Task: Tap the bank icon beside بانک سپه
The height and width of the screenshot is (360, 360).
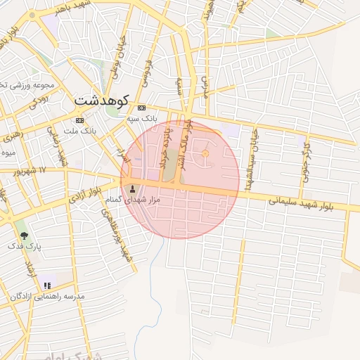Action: [x=142, y=108]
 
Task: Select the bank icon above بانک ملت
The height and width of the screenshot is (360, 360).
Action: [x=79, y=120]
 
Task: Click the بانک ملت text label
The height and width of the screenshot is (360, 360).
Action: [x=79, y=131]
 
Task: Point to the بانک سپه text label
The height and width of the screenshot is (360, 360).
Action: [x=142, y=120]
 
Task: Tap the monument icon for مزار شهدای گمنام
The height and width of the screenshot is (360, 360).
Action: [x=133, y=188]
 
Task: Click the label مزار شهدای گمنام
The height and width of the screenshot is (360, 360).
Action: [x=133, y=200]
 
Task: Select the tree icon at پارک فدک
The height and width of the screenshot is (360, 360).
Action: [x=25, y=236]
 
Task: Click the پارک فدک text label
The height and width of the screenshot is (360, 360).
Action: [x=25, y=247]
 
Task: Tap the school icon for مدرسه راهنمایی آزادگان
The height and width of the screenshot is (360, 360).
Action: [x=47, y=285]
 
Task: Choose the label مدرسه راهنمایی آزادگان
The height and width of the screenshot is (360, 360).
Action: [x=47, y=297]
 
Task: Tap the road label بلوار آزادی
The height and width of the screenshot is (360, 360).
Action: [x=86, y=193]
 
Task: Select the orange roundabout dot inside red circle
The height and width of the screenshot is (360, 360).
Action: [x=205, y=154]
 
